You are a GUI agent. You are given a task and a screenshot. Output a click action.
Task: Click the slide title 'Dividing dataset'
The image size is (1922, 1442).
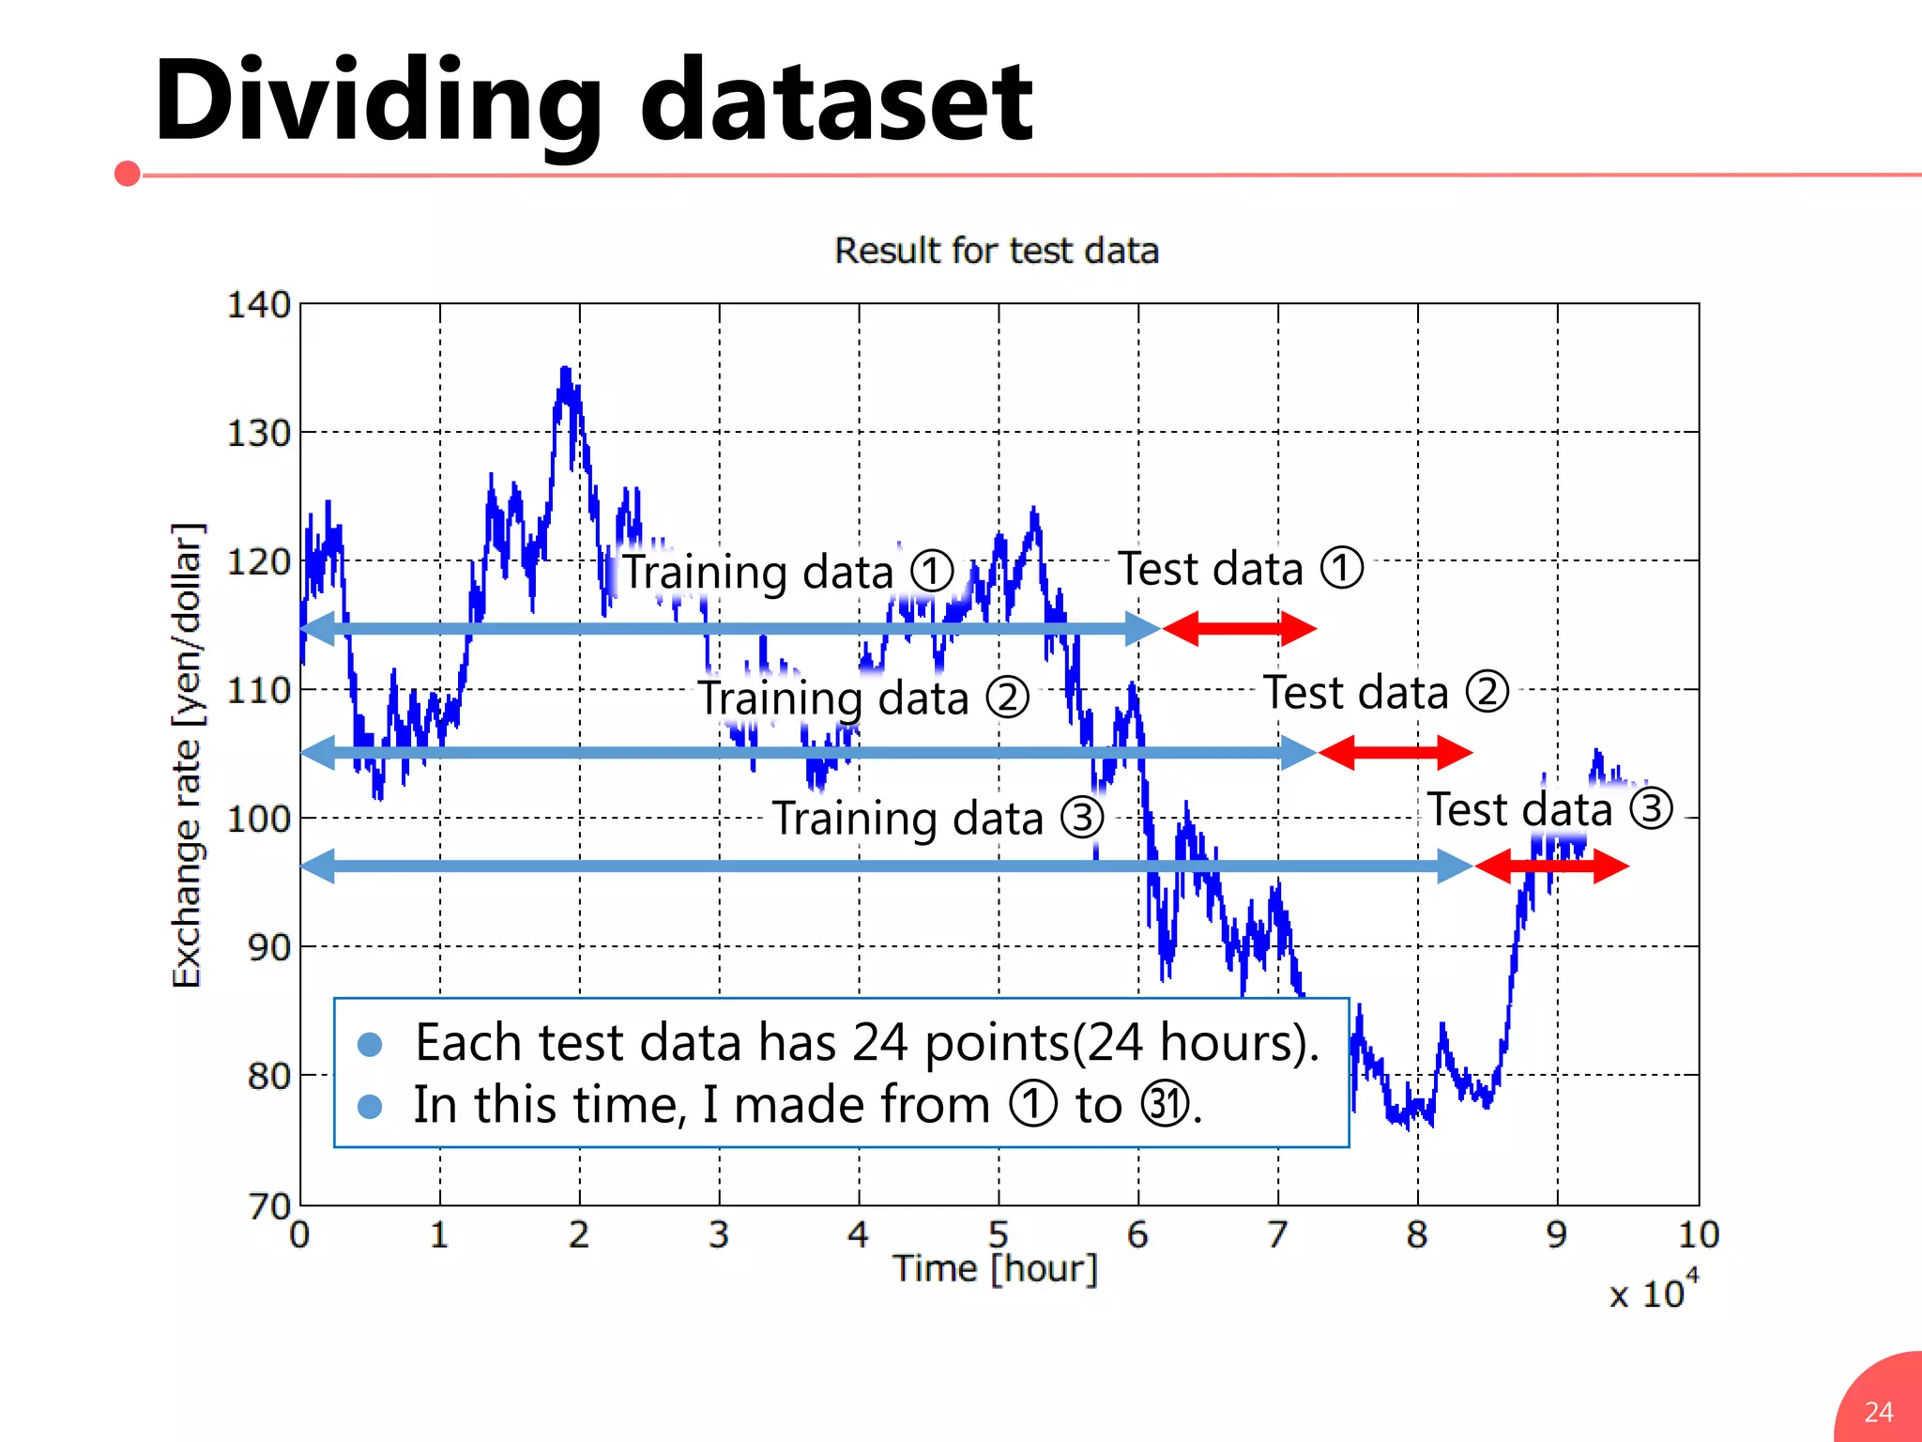pyautogui.click(x=593, y=101)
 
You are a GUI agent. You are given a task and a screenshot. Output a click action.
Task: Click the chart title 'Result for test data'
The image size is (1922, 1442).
pyautogui.click(x=997, y=252)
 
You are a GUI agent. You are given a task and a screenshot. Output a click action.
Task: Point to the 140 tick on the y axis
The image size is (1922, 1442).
pyautogui.click(x=259, y=305)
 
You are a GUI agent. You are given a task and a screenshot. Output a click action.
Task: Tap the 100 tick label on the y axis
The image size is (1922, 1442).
pyautogui.click(x=259, y=819)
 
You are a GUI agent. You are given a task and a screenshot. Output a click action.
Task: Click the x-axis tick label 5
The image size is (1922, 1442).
pyautogui.click(x=999, y=1235)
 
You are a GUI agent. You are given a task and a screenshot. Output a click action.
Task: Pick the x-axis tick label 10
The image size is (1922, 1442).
pyautogui.click(x=1698, y=1235)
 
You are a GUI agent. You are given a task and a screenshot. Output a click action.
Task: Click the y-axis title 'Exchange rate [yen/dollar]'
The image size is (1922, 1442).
pyautogui.click(x=187, y=756)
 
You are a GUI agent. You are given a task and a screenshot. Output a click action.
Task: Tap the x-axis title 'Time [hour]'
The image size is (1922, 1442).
pyautogui.click(x=995, y=1269)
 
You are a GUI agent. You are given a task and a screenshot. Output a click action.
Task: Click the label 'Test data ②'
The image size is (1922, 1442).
pyautogui.click(x=1385, y=693)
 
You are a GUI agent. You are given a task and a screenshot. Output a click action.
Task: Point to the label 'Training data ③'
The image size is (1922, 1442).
pyautogui.click(x=938, y=818)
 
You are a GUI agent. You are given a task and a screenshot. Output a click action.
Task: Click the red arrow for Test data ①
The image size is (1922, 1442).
pyautogui.click(x=1240, y=628)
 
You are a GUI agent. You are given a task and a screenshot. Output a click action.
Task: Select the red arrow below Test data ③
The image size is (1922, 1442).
pyautogui.click(x=1551, y=866)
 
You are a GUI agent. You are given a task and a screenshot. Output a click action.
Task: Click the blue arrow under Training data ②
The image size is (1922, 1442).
pyautogui.click(x=807, y=752)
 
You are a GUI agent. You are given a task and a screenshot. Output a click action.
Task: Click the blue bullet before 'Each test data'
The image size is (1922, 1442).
pyautogui.click(x=370, y=1044)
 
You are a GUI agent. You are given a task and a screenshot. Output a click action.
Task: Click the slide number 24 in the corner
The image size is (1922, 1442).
pyautogui.click(x=1879, y=1412)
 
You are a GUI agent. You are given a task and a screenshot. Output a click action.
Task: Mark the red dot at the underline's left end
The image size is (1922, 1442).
pyautogui.click(x=128, y=174)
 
